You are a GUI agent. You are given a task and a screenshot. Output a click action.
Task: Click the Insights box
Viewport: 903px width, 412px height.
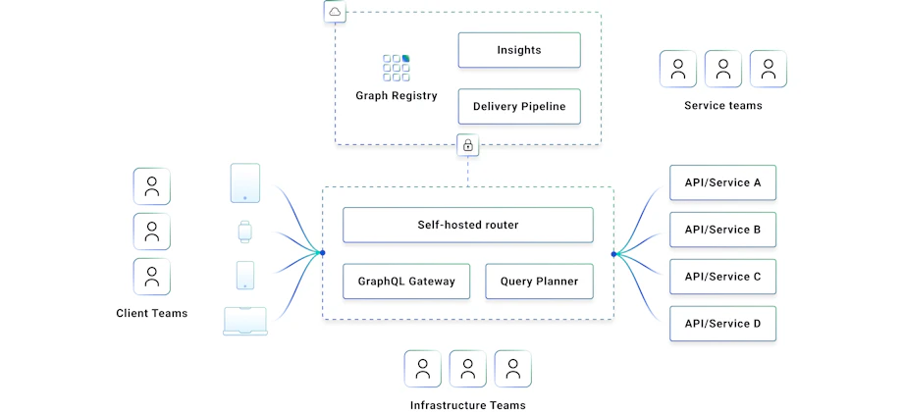tap(518, 50)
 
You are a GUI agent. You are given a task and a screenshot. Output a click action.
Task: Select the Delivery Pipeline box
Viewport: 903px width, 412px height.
tap(518, 106)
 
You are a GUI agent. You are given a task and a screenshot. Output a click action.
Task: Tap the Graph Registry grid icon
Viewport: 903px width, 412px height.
tap(397, 68)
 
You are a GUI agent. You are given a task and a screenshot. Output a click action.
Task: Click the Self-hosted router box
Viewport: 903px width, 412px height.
tap(467, 225)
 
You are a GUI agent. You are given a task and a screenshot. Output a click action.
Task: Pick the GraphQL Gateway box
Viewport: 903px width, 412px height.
tap(406, 282)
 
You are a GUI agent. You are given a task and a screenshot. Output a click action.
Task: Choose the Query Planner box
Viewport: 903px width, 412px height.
tap(539, 282)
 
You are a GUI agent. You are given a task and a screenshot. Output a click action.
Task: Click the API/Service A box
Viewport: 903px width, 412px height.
tap(722, 182)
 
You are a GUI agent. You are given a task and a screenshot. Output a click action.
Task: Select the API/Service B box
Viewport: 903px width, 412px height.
tap(722, 230)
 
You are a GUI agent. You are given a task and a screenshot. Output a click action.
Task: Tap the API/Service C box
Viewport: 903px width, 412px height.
tap(722, 277)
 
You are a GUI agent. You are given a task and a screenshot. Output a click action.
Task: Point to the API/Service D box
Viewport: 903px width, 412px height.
tap(722, 324)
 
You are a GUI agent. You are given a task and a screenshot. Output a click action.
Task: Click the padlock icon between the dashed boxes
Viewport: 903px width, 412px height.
tap(468, 146)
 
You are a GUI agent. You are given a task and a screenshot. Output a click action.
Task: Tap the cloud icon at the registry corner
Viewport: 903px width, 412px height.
tap(336, 12)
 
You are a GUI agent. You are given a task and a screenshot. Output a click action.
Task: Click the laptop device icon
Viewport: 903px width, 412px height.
tap(244, 322)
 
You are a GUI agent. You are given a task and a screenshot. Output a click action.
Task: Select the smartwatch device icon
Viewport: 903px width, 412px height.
tap(244, 232)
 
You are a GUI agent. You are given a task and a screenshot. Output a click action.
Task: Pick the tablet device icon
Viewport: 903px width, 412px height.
tap(244, 183)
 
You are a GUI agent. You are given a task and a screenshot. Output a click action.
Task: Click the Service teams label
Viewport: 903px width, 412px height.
tap(722, 106)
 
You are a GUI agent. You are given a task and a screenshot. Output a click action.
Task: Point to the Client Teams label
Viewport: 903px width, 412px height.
tap(151, 314)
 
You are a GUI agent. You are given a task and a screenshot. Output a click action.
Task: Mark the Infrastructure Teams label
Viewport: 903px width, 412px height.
tap(467, 404)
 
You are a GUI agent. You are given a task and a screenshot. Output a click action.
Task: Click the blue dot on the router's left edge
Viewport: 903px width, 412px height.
tap(322, 253)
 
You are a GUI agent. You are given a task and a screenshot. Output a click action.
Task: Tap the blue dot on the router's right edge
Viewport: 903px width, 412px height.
tap(613, 254)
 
